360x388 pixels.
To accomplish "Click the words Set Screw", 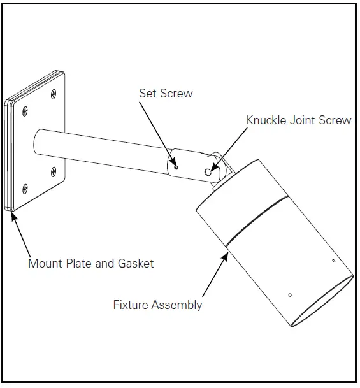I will click(166, 94).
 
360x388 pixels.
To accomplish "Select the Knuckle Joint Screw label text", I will click(298, 120).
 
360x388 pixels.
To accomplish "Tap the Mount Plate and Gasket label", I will click(90, 262).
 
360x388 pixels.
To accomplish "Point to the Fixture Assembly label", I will click(157, 305).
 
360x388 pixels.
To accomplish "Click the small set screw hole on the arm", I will click(177, 168).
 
